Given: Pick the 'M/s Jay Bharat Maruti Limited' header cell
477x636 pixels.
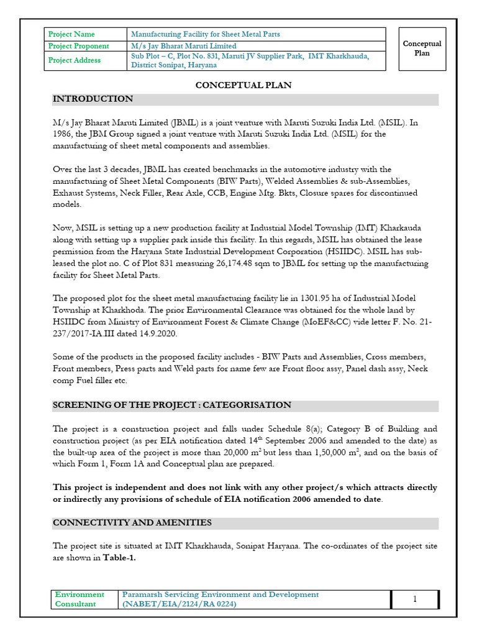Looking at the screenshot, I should click(x=184, y=46).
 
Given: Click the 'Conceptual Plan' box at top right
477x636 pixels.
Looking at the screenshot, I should click(x=422, y=48).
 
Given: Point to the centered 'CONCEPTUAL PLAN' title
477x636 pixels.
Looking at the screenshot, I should click(x=243, y=85).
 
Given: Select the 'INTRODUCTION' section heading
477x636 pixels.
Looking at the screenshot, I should click(x=93, y=99).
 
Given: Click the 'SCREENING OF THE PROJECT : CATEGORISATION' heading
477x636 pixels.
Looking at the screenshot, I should click(x=172, y=406).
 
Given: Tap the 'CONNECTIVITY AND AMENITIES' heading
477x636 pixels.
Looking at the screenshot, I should click(x=132, y=523).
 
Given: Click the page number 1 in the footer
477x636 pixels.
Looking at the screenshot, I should click(x=415, y=599).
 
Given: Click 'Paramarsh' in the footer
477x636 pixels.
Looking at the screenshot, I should click(x=145, y=595).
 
